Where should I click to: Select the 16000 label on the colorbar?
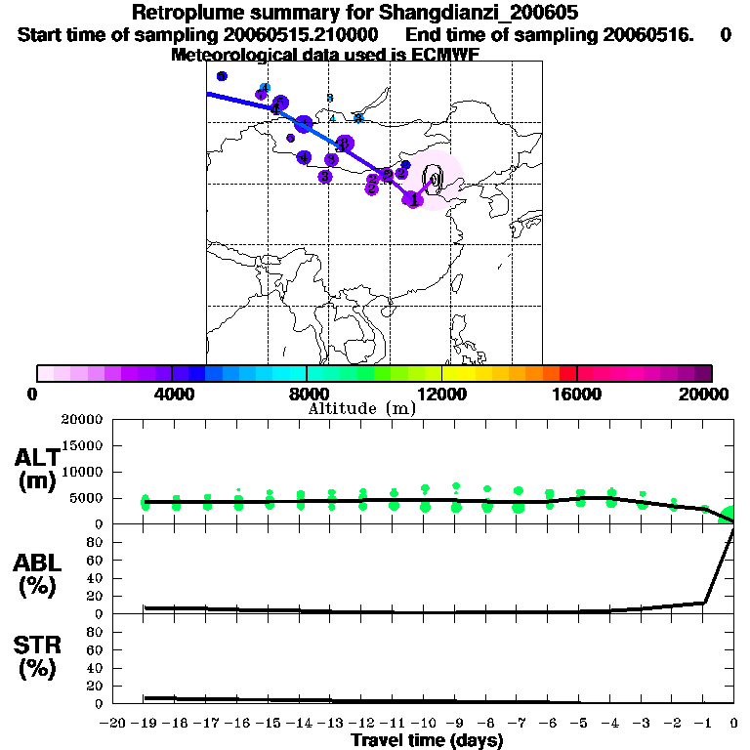coord(576,394)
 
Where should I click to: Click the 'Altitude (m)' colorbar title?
coord(362,408)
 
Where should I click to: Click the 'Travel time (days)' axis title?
coord(427,741)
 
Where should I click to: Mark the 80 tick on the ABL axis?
coord(96,542)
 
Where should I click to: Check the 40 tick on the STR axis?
coord(96,668)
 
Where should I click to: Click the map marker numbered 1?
coord(413,199)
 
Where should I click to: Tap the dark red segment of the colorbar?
coord(567,373)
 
